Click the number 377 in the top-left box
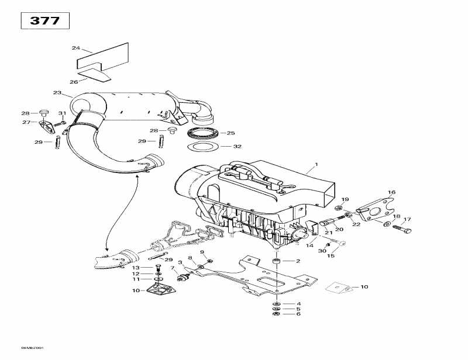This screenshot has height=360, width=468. pyautogui.click(x=44, y=20)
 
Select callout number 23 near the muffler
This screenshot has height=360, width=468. pyautogui.click(x=57, y=93)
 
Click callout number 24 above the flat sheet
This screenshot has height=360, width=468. pyautogui.click(x=75, y=47)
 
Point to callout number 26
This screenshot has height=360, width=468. pyautogui.click(x=74, y=82)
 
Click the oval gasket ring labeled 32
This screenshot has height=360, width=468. pyautogui.click(x=202, y=146)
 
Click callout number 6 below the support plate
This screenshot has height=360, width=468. pyautogui.click(x=298, y=314)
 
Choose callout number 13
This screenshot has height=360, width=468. pyautogui.click(x=135, y=268)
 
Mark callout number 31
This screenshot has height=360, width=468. pyautogui.click(x=61, y=113)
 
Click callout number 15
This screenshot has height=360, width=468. pyautogui.click(x=331, y=255)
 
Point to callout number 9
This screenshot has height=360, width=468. pyautogui.click(x=202, y=252)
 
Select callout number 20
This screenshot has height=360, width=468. pyautogui.click(x=339, y=229)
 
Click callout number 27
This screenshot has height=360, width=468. pyautogui.click(x=26, y=122)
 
